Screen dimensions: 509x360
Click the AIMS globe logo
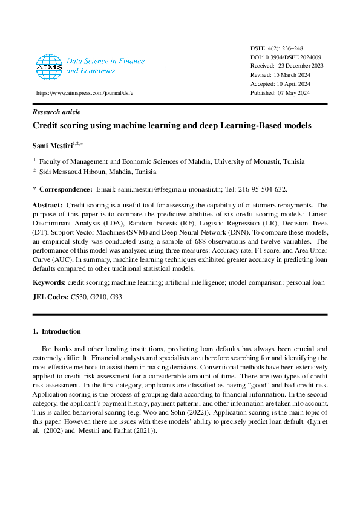point(49,67)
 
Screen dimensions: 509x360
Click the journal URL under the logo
point(84,94)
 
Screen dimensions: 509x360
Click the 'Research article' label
point(56,112)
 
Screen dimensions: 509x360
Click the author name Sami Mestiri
point(52,145)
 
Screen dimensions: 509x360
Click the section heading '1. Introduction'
point(56,331)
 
